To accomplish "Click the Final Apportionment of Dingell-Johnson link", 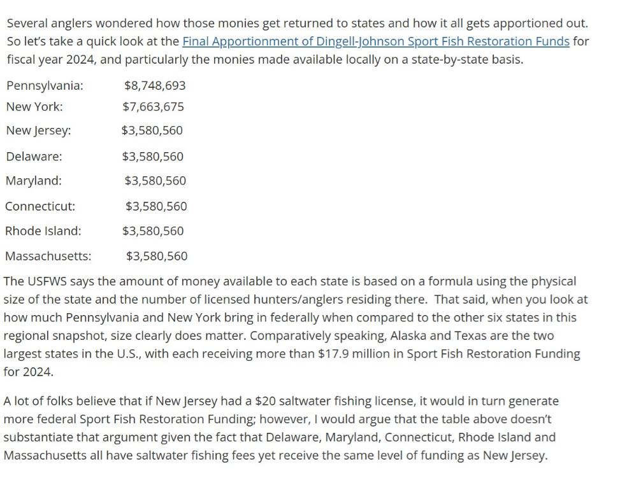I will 376,41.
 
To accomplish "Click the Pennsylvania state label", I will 45,85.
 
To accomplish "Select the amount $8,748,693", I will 155,85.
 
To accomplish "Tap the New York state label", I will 34,107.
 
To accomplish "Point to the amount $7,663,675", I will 154,107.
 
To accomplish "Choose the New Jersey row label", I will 38,130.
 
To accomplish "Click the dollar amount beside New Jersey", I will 152,130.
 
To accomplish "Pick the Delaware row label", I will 34,157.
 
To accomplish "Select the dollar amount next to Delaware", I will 153,157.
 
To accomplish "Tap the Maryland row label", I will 34,181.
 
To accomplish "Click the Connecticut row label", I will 40,206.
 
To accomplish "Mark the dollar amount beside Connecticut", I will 156,206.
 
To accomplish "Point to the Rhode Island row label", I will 43,231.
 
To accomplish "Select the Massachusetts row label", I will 48,257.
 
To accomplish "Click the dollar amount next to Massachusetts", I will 157,257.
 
